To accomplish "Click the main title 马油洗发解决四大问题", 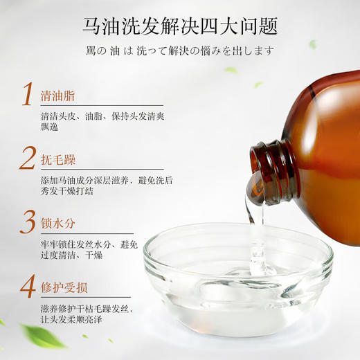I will [x=179, y=27].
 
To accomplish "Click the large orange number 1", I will [x=27, y=94].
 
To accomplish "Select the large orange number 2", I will [x=27, y=158].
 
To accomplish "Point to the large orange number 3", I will [x=27, y=222].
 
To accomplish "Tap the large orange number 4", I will [x=27, y=285].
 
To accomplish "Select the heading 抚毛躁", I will [x=60, y=160].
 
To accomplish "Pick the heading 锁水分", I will [x=60, y=224].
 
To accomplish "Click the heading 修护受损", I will [x=66, y=287].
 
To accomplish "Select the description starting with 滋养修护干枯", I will [x=91, y=313].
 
